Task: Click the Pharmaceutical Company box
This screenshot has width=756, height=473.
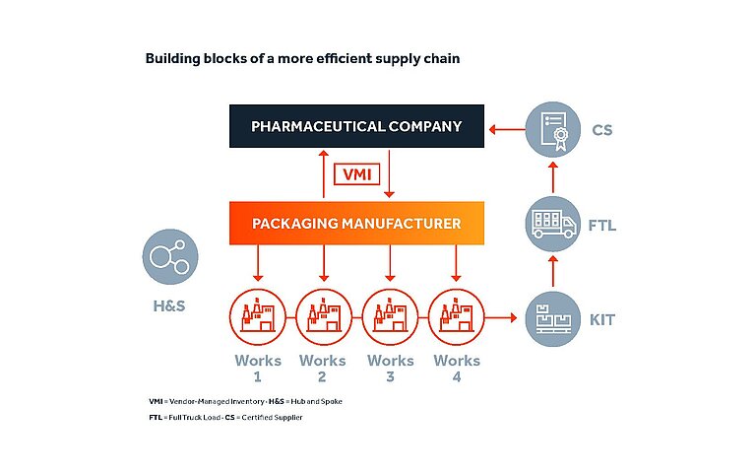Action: point(356,126)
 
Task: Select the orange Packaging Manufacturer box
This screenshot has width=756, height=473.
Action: point(356,224)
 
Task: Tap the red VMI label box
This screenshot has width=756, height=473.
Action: point(356,175)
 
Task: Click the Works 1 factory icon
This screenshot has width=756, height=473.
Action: point(258,317)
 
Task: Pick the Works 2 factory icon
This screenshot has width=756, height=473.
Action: point(323,317)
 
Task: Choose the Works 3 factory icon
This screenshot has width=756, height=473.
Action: point(390,317)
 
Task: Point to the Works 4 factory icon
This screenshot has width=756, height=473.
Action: point(456,317)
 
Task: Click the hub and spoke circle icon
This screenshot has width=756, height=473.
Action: point(170,259)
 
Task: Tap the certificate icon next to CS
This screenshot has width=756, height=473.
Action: point(553,127)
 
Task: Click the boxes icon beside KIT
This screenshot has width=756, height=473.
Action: point(553,317)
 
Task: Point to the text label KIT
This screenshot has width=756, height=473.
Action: point(603,319)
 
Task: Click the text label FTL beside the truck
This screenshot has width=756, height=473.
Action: point(602,226)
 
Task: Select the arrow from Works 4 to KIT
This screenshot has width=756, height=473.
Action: point(501,317)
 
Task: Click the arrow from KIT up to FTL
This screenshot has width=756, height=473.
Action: point(553,271)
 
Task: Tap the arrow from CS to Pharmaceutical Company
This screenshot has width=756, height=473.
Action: point(507,127)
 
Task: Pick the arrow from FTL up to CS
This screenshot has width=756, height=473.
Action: point(553,176)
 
